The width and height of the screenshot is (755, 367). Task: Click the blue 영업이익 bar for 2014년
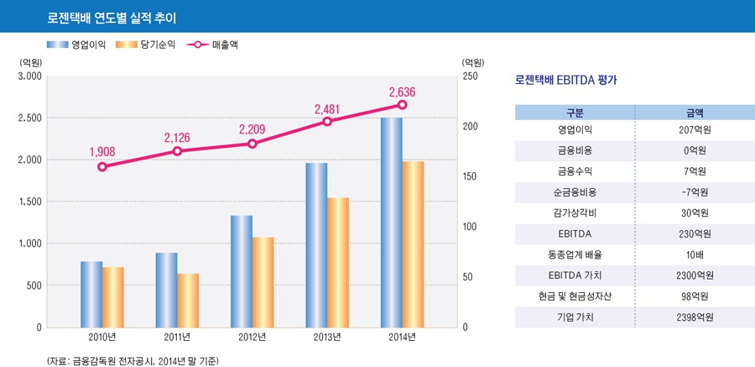(x=391, y=223)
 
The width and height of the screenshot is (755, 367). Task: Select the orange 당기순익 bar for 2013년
(x=338, y=262)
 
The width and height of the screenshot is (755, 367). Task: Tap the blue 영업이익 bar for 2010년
(x=91, y=294)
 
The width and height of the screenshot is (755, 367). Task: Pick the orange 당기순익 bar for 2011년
(x=188, y=300)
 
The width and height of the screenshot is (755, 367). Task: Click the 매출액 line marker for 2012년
(x=253, y=144)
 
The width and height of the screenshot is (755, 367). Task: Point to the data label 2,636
(x=402, y=92)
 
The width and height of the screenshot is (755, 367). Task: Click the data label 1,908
(x=102, y=152)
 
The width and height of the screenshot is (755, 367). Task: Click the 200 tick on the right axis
(x=472, y=126)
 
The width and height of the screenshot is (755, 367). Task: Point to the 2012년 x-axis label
(x=252, y=338)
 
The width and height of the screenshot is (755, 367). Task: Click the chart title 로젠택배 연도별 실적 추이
(x=117, y=16)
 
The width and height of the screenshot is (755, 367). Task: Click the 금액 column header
(x=695, y=112)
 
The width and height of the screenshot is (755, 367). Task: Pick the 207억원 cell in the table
(x=695, y=131)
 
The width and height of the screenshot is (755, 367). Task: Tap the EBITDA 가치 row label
(x=575, y=275)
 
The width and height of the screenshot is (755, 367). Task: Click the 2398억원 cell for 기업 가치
(x=695, y=317)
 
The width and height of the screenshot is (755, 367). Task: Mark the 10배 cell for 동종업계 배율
(x=695, y=254)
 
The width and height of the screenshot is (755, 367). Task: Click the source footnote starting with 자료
(x=133, y=359)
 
